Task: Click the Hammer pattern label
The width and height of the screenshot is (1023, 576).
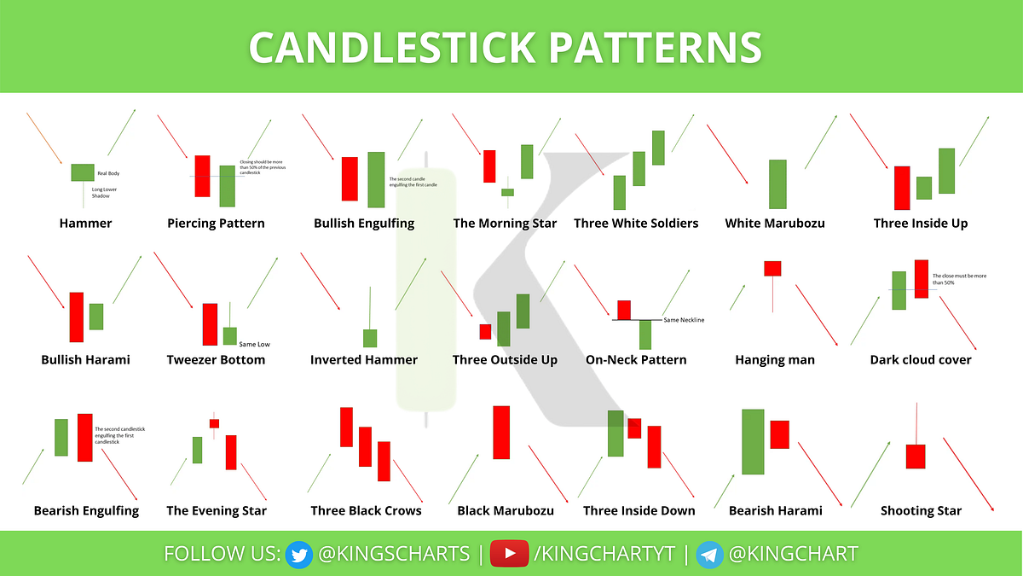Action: (85, 224)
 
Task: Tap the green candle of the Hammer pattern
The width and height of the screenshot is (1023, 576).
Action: (82, 172)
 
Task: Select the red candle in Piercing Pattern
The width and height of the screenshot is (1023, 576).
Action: (202, 176)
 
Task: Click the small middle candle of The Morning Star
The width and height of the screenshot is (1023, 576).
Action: (507, 192)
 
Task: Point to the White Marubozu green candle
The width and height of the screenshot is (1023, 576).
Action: (777, 184)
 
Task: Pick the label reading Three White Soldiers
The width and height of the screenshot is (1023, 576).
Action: (636, 224)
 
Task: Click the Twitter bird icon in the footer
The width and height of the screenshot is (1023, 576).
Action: (298, 553)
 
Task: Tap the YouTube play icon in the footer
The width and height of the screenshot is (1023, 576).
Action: (510, 553)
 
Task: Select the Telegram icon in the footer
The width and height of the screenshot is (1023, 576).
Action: (710, 553)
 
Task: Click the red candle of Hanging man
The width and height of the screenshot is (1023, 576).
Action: (772, 268)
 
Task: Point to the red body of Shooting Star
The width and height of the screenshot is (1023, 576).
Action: (916, 456)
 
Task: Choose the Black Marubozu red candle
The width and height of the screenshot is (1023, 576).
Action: (501, 433)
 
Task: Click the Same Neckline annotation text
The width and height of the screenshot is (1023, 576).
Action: (684, 320)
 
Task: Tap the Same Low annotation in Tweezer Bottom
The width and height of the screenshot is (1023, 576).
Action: (255, 344)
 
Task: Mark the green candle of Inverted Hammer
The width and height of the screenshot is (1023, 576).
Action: (370, 338)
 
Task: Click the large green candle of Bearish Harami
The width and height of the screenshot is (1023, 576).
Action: (753, 441)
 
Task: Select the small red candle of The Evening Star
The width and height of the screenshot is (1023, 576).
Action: (214, 423)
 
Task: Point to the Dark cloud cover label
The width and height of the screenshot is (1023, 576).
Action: (921, 360)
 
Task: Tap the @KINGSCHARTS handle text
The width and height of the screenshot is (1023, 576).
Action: (393, 553)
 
